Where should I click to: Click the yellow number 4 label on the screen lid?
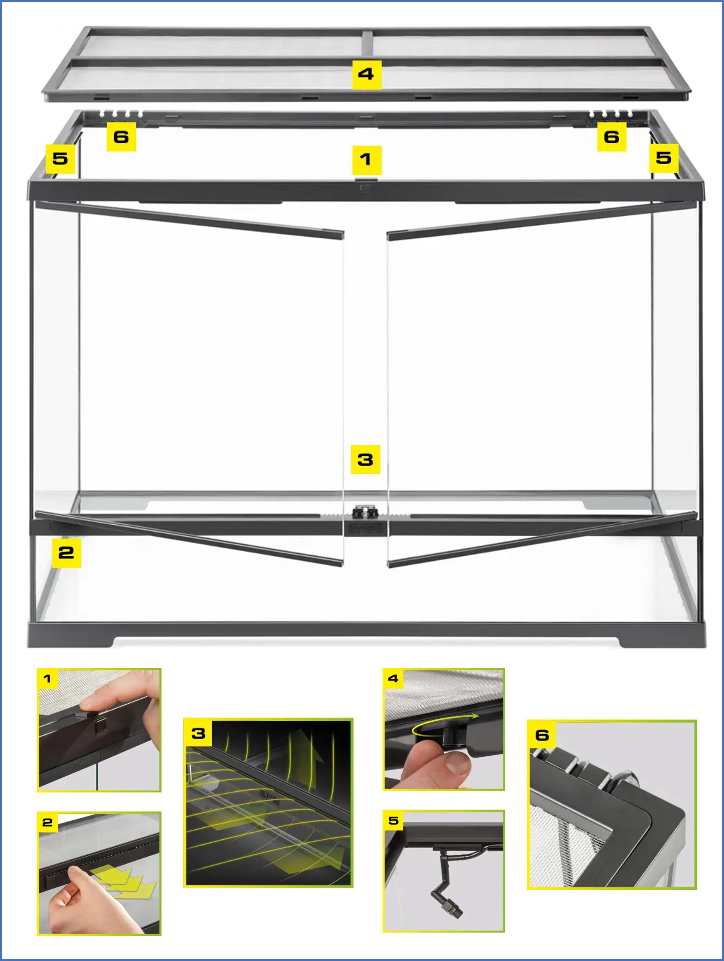[x=366, y=75]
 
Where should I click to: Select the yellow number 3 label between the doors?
[x=365, y=459]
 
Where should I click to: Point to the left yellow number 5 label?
[x=60, y=158]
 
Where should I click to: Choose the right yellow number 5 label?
[x=664, y=158]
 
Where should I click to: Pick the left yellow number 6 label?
[x=121, y=137]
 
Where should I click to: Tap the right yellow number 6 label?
[x=612, y=137]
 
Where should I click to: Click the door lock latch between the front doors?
[x=365, y=513]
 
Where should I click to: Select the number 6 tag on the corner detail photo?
[x=542, y=735]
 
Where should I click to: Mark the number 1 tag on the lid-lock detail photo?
[x=47, y=679]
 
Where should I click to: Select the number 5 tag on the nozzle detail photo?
[x=394, y=821]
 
